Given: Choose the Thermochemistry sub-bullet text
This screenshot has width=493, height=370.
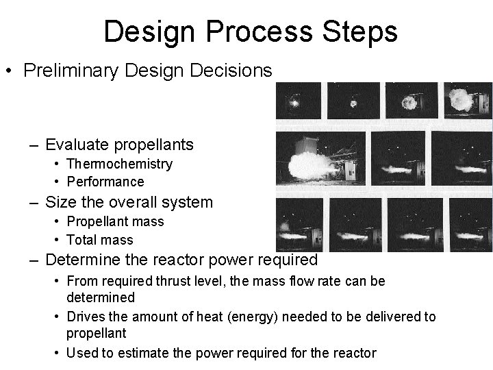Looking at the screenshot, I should tap(119, 164).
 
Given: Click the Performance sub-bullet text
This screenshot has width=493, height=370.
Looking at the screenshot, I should tap(105, 182).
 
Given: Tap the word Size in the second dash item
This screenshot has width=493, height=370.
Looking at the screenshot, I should tap(60, 202).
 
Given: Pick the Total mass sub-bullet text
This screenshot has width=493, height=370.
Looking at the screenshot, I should tap(100, 240).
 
